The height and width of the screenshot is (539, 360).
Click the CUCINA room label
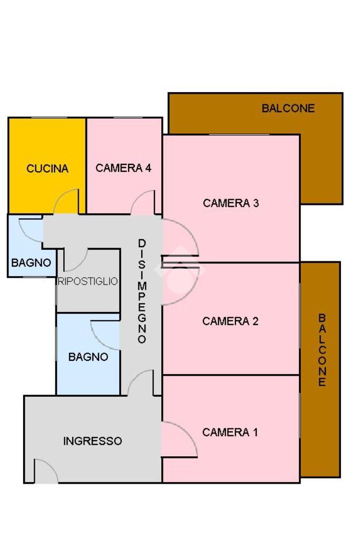pyautogui.click(x=47, y=169)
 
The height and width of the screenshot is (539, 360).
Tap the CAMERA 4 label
pyautogui.click(x=123, y=168)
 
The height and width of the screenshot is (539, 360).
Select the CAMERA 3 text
pyautogui.click(x=231, y=203)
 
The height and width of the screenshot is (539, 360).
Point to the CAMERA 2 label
pyautogui.click(x=230, y=321)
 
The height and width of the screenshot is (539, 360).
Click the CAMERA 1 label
pyautogui.click(x=230, y=433)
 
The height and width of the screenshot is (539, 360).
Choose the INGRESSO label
pyautogui.click(x=93, y=441)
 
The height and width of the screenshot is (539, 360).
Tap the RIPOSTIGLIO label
pyautogui.click(x=88, y=281)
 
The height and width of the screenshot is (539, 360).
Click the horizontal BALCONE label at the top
pyautogui.click(x=288, y=109)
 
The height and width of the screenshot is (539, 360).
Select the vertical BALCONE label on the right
pyautogui.click(x=322, y=350)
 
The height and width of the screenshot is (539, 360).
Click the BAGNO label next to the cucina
pyautogui.click(x=31, y=262)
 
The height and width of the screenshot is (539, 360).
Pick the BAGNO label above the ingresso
pyautogui.click(x=88, y=357)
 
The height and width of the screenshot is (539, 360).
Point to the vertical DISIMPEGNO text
pyautogui.click(x=142, y=291)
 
